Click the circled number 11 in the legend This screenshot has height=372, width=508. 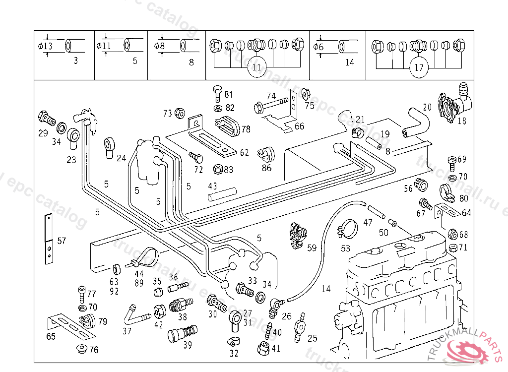(x=256, y=67)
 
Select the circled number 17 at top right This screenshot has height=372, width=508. (x=419, y=67)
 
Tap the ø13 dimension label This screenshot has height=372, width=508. (x=45, y=46)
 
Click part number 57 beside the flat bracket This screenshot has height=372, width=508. (x=62, y=242)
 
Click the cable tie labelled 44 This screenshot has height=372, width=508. (x=145, y=258)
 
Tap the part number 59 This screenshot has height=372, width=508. (x=312, y=248)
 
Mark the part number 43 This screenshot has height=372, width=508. (x=212, y=186)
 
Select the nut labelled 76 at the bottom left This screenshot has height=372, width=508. (x=80, y=349)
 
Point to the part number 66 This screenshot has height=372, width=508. (x=300, y=126)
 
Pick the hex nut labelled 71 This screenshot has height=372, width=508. (x=452, y=247)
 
